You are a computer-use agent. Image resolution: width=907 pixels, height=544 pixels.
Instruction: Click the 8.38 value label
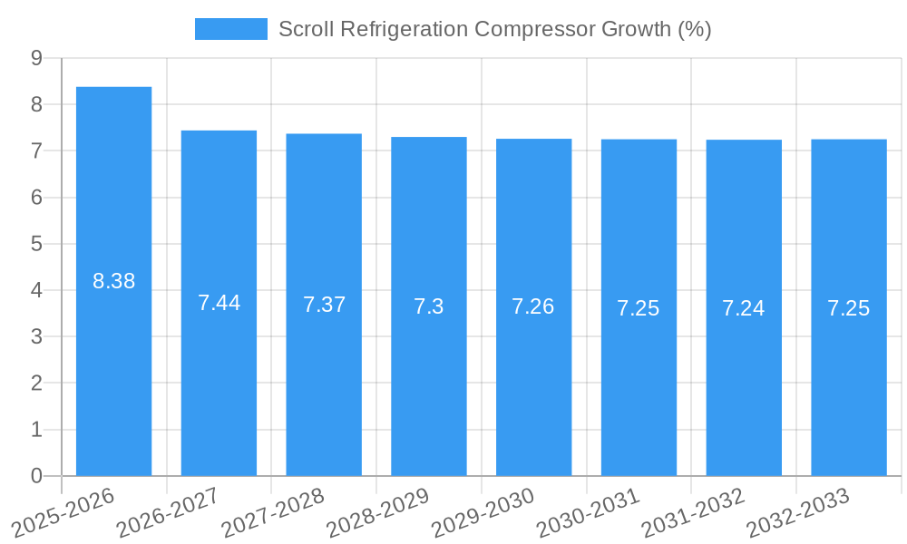coord(113,281)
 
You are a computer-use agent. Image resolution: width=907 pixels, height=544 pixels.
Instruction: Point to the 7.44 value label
coord(219,303)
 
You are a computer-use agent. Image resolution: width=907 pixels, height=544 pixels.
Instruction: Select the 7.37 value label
coord(324,305)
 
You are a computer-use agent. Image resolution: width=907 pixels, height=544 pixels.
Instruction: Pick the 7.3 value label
coord(429,306)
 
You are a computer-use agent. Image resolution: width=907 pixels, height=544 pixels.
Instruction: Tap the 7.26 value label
coord(533,306)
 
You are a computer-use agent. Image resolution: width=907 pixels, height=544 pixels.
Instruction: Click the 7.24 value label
coord(744,308)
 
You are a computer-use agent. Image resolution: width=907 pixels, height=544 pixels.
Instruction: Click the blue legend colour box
coord(231,29)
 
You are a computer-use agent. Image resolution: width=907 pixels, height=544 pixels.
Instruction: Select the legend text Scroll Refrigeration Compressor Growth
coord(494,29)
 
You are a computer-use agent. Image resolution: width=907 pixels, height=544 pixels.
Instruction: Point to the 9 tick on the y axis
coord(36,58)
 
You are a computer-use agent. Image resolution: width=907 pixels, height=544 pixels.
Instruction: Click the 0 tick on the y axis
coord(36,476)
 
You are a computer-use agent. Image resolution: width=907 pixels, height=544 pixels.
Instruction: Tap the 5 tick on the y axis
coord(36,244)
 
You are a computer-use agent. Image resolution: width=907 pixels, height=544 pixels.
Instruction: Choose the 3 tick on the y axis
coord(36,336)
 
